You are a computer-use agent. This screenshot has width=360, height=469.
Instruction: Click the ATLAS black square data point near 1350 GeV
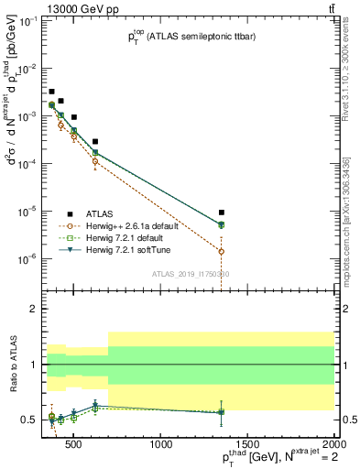pyautogui.click(x=222, y=213)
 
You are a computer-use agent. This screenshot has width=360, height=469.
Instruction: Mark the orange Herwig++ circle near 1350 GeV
pyautogui.click(x=222, y=251)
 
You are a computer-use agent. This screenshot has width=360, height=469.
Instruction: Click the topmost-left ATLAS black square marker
pyautogui.click(x=51, y=92)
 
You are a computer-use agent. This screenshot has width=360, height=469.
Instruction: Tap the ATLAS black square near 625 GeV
pyautogui.click(x=95, y=142)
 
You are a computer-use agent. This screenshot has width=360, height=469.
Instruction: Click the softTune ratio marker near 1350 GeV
pyautogui.click(x=222, y=412)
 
